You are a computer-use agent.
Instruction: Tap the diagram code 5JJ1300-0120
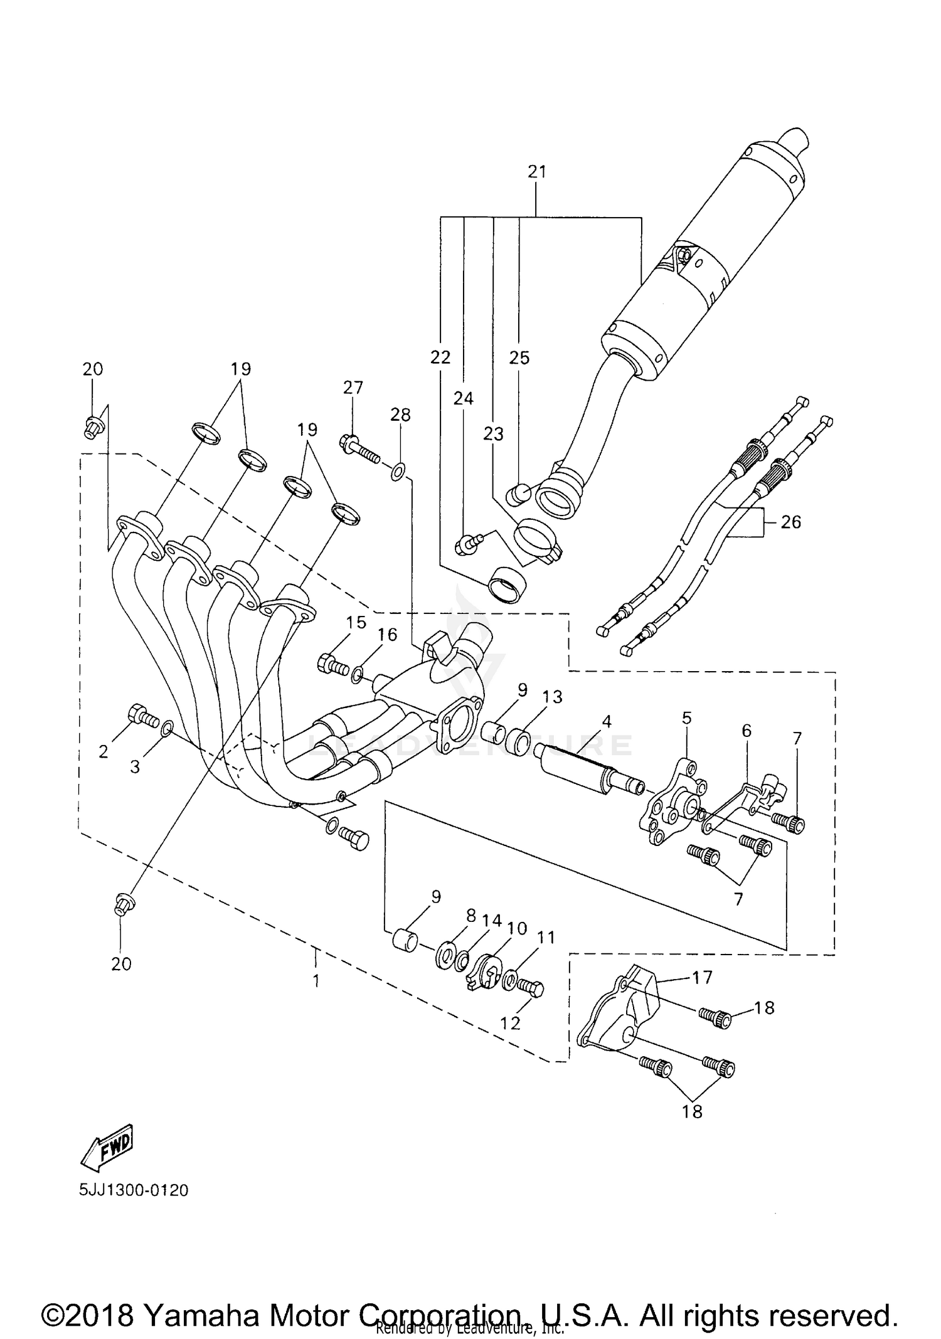(134, 1190)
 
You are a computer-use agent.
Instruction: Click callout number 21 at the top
(537, 172)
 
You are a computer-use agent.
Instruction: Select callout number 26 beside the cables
(791, 522)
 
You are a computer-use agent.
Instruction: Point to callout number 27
(353, 388)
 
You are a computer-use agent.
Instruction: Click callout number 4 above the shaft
(606, 721)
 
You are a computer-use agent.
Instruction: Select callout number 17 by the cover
(703, 977)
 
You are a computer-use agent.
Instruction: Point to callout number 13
(553, 697)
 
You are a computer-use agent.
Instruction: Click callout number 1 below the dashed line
(316, 981)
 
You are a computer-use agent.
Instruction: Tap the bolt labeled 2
(142, 716)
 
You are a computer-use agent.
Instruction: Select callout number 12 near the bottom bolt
(511, 1023)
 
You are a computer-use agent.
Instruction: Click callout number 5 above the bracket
(687, 718)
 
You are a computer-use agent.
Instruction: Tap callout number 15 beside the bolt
(356, 622)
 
